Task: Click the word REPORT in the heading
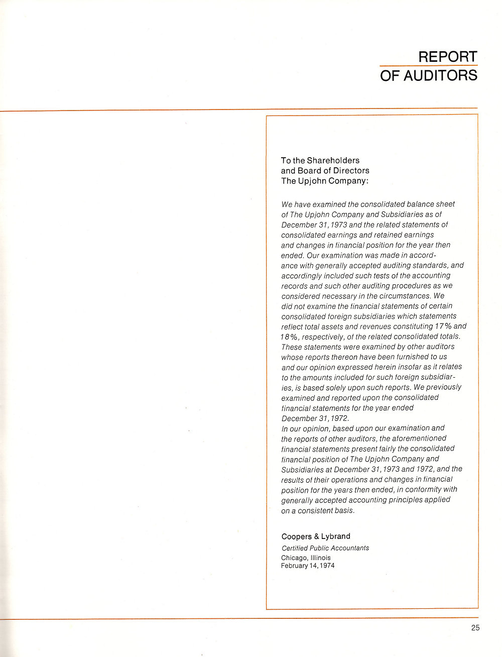448,56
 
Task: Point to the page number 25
475,627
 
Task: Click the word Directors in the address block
352,170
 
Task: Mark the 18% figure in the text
290,337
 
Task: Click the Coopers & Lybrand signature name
316,536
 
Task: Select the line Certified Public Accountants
325,548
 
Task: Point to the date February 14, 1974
308,566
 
